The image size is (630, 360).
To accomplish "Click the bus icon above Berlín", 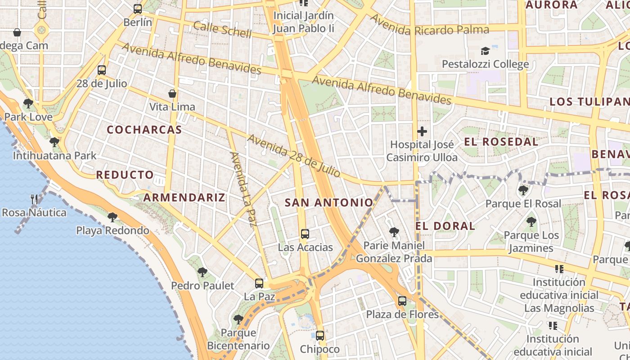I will [138, 9].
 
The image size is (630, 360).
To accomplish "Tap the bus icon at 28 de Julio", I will [102, 70].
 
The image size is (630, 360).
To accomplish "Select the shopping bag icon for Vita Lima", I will [172, 94].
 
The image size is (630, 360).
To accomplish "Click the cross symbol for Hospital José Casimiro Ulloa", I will [422, 131].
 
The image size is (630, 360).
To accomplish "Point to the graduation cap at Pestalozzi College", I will [485, 51].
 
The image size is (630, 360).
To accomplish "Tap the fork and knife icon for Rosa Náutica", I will [34, 199].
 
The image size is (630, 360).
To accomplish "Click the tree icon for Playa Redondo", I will [112, 217].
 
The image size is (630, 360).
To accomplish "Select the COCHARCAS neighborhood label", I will [144, 130].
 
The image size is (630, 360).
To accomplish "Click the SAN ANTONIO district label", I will [329, 203].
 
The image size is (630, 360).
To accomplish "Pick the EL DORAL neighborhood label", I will [445, 226].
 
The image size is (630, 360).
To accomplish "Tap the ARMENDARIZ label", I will [184, 198].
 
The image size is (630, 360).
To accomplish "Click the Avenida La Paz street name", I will [243, 189].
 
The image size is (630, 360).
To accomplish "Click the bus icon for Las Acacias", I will [305, 234].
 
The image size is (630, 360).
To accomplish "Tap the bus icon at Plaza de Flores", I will [402, 301].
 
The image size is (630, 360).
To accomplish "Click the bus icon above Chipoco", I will [320, 336].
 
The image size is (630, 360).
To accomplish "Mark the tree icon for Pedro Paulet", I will [202, 272].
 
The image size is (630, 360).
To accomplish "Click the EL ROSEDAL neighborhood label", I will [501, 142].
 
